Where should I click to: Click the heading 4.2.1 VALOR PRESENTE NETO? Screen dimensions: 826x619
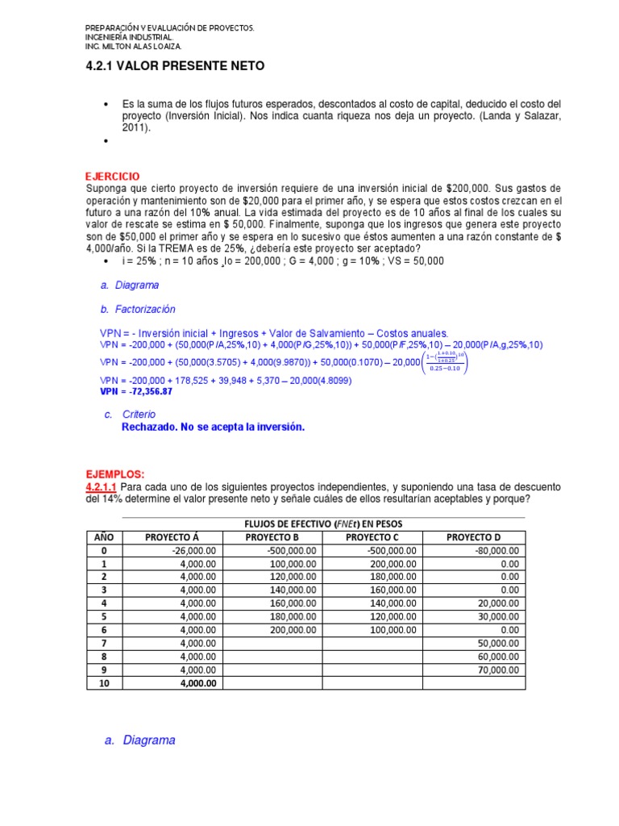coord(174,66)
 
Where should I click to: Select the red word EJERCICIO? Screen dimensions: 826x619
coord(112,176)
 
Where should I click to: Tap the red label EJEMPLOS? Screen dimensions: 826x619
coord(114,473)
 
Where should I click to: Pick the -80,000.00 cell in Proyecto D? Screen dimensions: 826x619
coord(495,551)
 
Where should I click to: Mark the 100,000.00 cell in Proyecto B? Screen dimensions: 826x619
coord(293,564)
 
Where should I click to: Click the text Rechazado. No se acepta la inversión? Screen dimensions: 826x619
coord(213,427)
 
